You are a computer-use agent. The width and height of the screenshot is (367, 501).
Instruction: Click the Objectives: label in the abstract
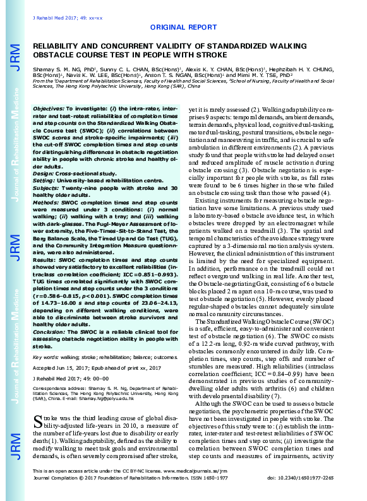(x=49, y=109)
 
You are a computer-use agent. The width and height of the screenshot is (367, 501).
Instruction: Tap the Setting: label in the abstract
(x=45, y=162)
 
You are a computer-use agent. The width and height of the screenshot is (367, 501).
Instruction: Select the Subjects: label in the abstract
(x=47, y=170)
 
